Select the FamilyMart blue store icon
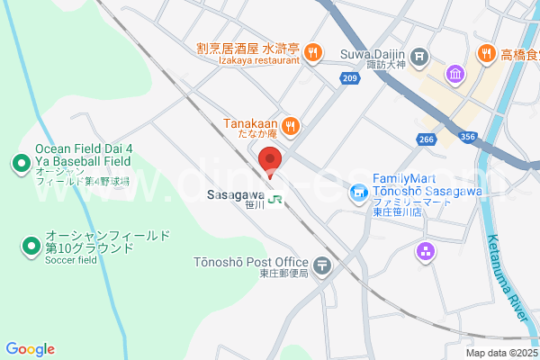(358, 192)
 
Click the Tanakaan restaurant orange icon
(289, 125)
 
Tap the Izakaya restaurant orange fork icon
(312, 52)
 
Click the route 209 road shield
(350, 79)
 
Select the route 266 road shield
(427, 139)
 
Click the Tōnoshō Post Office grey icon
(323, 265)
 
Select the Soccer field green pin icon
(31, 245)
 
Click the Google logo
(30, 349)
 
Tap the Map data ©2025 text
(500, 353)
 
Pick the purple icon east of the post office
(425, 252)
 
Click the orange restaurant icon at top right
(486, 53)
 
